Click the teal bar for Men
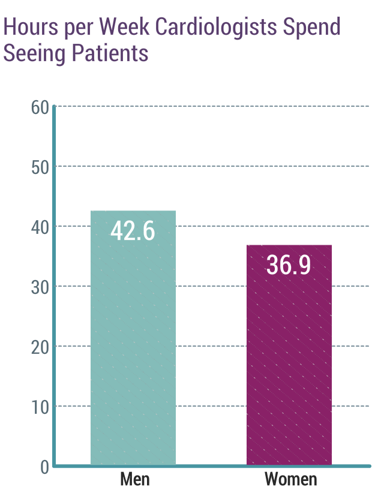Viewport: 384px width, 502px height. tap(133, 348)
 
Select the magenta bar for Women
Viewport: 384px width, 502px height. tap(289, 360)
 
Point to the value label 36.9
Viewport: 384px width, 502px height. tap(289, 265)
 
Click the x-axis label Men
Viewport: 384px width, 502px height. tap(134, 480)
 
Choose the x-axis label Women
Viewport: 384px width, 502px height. tap(290, 480)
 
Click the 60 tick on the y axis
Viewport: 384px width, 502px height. tap(40, 108)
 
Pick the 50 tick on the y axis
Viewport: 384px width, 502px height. tap(40, 167)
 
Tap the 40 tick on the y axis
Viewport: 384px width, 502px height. tap(40, 227)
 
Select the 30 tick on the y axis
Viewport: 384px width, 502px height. tap(40, 287)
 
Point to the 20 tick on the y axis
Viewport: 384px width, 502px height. tap(40, 347)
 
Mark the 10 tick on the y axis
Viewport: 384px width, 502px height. tap(40, 407)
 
